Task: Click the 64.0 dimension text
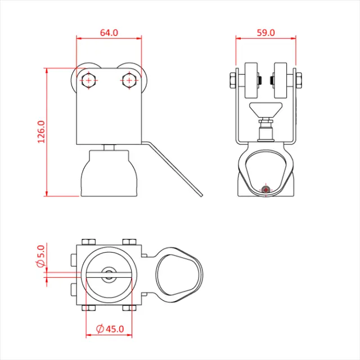(109, 33)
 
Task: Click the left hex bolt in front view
(88, 80)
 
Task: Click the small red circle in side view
(267, 190)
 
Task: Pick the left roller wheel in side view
(251, 80)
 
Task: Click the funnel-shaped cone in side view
(265, 110)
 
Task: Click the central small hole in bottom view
(108, 275)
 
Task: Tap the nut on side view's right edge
(299, 80)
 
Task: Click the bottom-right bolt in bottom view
(129, 308)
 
